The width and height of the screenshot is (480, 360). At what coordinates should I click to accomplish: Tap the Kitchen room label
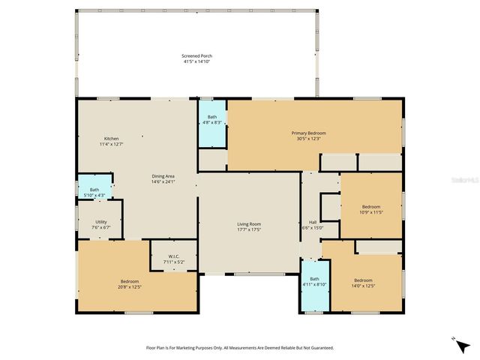point(111,139)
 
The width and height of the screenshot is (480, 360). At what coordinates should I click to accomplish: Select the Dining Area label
point(163,176)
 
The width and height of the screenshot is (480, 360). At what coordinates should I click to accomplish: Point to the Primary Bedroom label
point(308,133)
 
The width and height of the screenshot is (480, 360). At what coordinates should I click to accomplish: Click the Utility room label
point(100,222)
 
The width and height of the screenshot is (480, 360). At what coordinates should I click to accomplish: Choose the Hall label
point(312,222)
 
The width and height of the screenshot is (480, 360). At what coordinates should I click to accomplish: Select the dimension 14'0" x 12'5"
point(364,286)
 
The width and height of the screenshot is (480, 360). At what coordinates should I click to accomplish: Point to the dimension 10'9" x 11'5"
point(371,212)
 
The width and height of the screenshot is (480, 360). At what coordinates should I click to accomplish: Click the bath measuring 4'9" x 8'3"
point(212,119)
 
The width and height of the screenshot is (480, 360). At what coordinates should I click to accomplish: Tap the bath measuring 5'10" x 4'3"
point(94,192)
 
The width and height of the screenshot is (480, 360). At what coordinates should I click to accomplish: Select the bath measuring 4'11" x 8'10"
point(314,281)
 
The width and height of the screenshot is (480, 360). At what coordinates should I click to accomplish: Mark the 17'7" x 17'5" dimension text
point(249,229)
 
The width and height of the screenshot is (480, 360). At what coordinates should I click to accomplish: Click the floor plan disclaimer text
point(240,348)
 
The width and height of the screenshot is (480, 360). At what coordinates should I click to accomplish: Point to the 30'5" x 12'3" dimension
point(308,138)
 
